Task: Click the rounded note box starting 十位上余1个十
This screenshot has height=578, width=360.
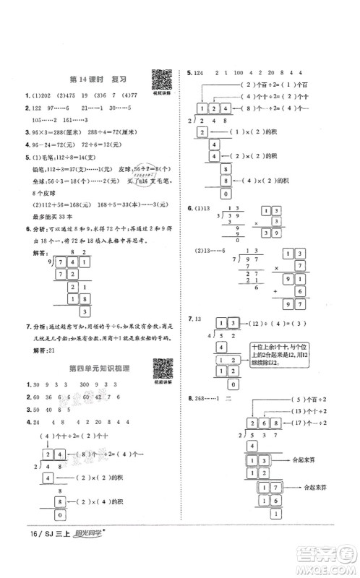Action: tap(267, 349)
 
